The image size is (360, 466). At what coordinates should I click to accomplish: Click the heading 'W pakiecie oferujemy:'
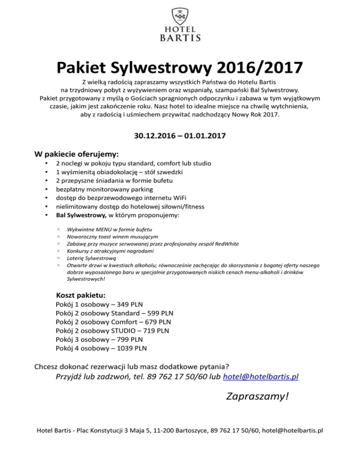coord(77,154)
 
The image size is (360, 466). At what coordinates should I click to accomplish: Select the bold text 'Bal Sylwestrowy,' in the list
coord(82,215)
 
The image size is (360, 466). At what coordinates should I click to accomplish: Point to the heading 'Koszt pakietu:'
coord(81,296)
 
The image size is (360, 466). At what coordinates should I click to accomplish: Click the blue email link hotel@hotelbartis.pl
coord(262,376)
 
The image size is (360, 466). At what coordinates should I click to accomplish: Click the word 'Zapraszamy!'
coord(256,397)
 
